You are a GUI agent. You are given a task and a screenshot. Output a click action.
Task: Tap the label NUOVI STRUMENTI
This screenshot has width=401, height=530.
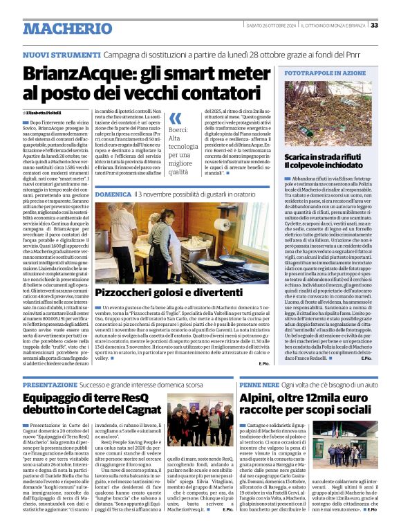coord(52,54)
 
